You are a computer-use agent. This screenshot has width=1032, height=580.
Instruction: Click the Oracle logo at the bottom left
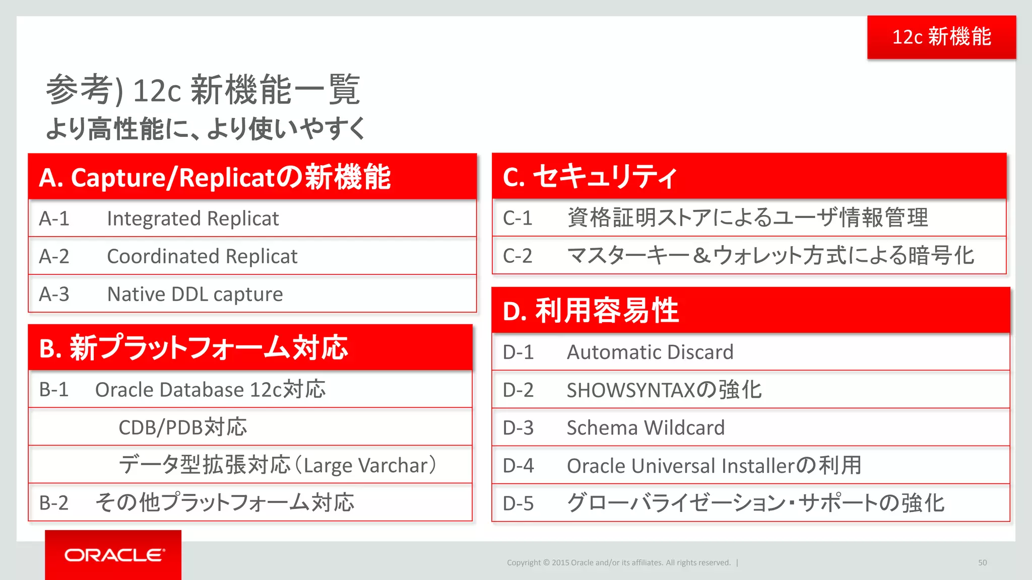(114, 555)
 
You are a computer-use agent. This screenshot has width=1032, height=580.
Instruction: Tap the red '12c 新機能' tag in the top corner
(941, 37)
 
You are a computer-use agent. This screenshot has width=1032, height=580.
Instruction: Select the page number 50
(982, 562)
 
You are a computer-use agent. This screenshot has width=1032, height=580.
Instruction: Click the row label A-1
(54, 219)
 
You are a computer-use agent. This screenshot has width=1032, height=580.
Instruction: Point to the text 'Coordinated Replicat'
(202, 256)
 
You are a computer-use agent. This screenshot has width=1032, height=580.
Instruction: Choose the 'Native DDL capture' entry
(195, 294)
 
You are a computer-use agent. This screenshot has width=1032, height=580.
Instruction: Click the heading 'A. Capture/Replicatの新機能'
(215, 177)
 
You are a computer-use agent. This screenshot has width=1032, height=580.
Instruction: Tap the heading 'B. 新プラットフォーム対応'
(193, 348)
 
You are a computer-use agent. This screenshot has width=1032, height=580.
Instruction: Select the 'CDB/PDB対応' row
(182, 427)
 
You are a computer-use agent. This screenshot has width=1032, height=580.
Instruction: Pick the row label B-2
(53, 503)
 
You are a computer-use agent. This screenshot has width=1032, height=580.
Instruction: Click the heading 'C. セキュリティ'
(590, 177)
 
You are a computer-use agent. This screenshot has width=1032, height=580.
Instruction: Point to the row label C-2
(518, 256)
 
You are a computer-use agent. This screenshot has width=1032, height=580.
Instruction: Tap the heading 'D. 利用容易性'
(591, 311)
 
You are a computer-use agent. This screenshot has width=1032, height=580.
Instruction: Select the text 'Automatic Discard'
(650, 352)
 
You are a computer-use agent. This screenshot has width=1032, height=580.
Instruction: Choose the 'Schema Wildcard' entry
(646, 428)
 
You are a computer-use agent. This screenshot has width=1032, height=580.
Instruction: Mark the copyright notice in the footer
(618, 562)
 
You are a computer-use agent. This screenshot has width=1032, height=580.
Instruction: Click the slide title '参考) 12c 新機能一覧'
(203, 90)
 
